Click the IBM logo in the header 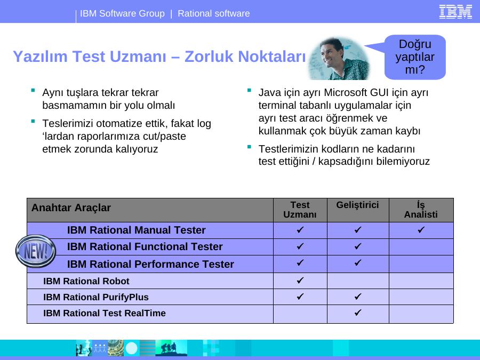pos(455,12)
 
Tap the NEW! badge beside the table pos(36,251)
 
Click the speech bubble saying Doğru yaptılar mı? pos(415,57)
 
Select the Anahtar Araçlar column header pos(71,207)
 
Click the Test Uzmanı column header pos(300,210)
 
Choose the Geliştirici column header pos(357,205)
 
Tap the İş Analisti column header pos(421,210)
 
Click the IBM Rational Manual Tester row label pos(136,230)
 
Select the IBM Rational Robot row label pos(86,281)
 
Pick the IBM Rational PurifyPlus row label pos(96,297)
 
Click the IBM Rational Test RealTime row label pos(105,313)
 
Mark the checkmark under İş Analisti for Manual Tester pos(421,229)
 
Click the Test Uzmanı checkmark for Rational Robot pos(300,280)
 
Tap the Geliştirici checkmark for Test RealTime pos(358,312)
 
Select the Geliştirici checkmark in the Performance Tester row pos(358,262)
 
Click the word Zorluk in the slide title pos(209,57)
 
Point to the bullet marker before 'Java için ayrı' pos(249,90)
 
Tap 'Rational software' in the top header pos(214,13)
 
